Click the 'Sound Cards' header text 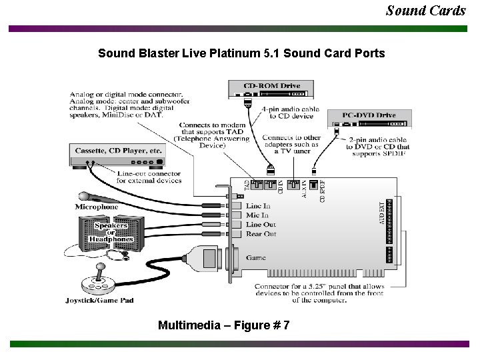point(426,10)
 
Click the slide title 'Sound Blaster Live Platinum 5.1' point(241,53)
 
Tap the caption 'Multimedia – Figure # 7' point(223,325)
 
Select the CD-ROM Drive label point(271,85)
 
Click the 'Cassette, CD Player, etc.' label point(119,151)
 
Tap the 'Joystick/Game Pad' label point(99,300)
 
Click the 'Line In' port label point(258,206)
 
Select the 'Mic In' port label point(257,215)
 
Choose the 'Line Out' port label point(261,225)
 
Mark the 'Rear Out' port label point(261,234)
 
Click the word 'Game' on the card point(255,257)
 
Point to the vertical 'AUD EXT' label point(382,212)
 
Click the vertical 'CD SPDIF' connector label point(323,190)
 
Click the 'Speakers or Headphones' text point(111,232)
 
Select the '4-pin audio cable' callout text point(291,112)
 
